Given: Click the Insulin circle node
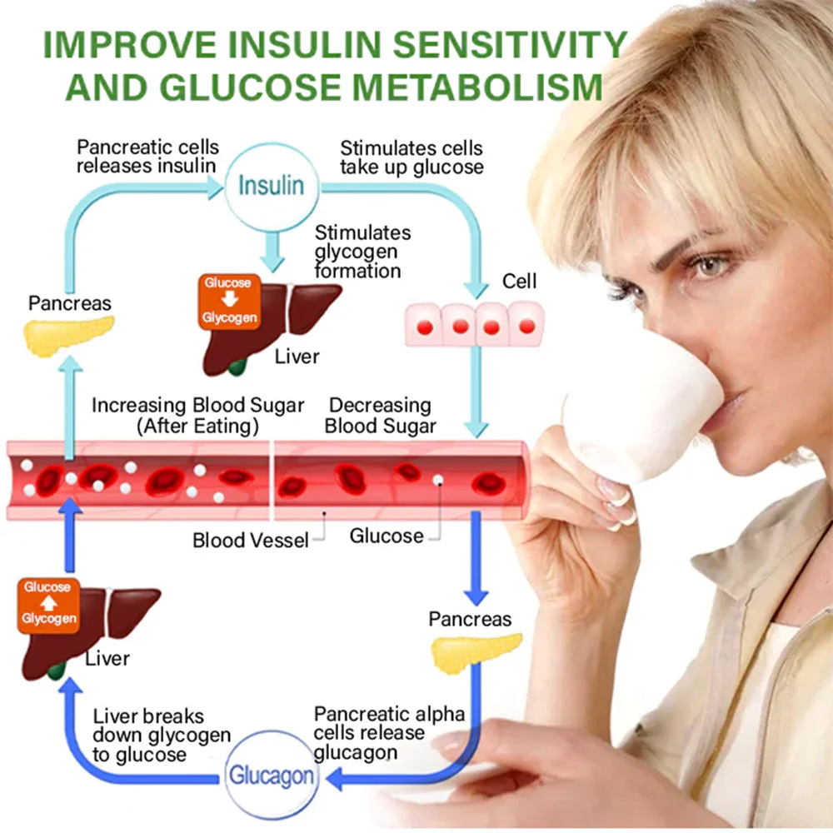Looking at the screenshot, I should click(271, 186).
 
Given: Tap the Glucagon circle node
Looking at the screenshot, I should click(272, 776).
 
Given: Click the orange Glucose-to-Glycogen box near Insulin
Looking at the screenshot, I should click(228, 301).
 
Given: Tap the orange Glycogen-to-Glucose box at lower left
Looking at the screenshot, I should click(48, 603).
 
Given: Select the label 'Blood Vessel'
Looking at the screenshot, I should click(250, 540).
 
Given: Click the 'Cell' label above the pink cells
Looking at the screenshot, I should click(519, 282).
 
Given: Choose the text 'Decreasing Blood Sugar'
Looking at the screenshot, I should click(380, 416).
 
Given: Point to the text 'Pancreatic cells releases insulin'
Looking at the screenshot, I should click(147, 157).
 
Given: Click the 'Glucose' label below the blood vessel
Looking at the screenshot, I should click(387, 535).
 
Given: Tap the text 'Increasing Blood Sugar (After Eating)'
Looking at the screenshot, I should click(197, 416).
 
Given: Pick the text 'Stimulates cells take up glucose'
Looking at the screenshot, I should click(411, 157).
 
